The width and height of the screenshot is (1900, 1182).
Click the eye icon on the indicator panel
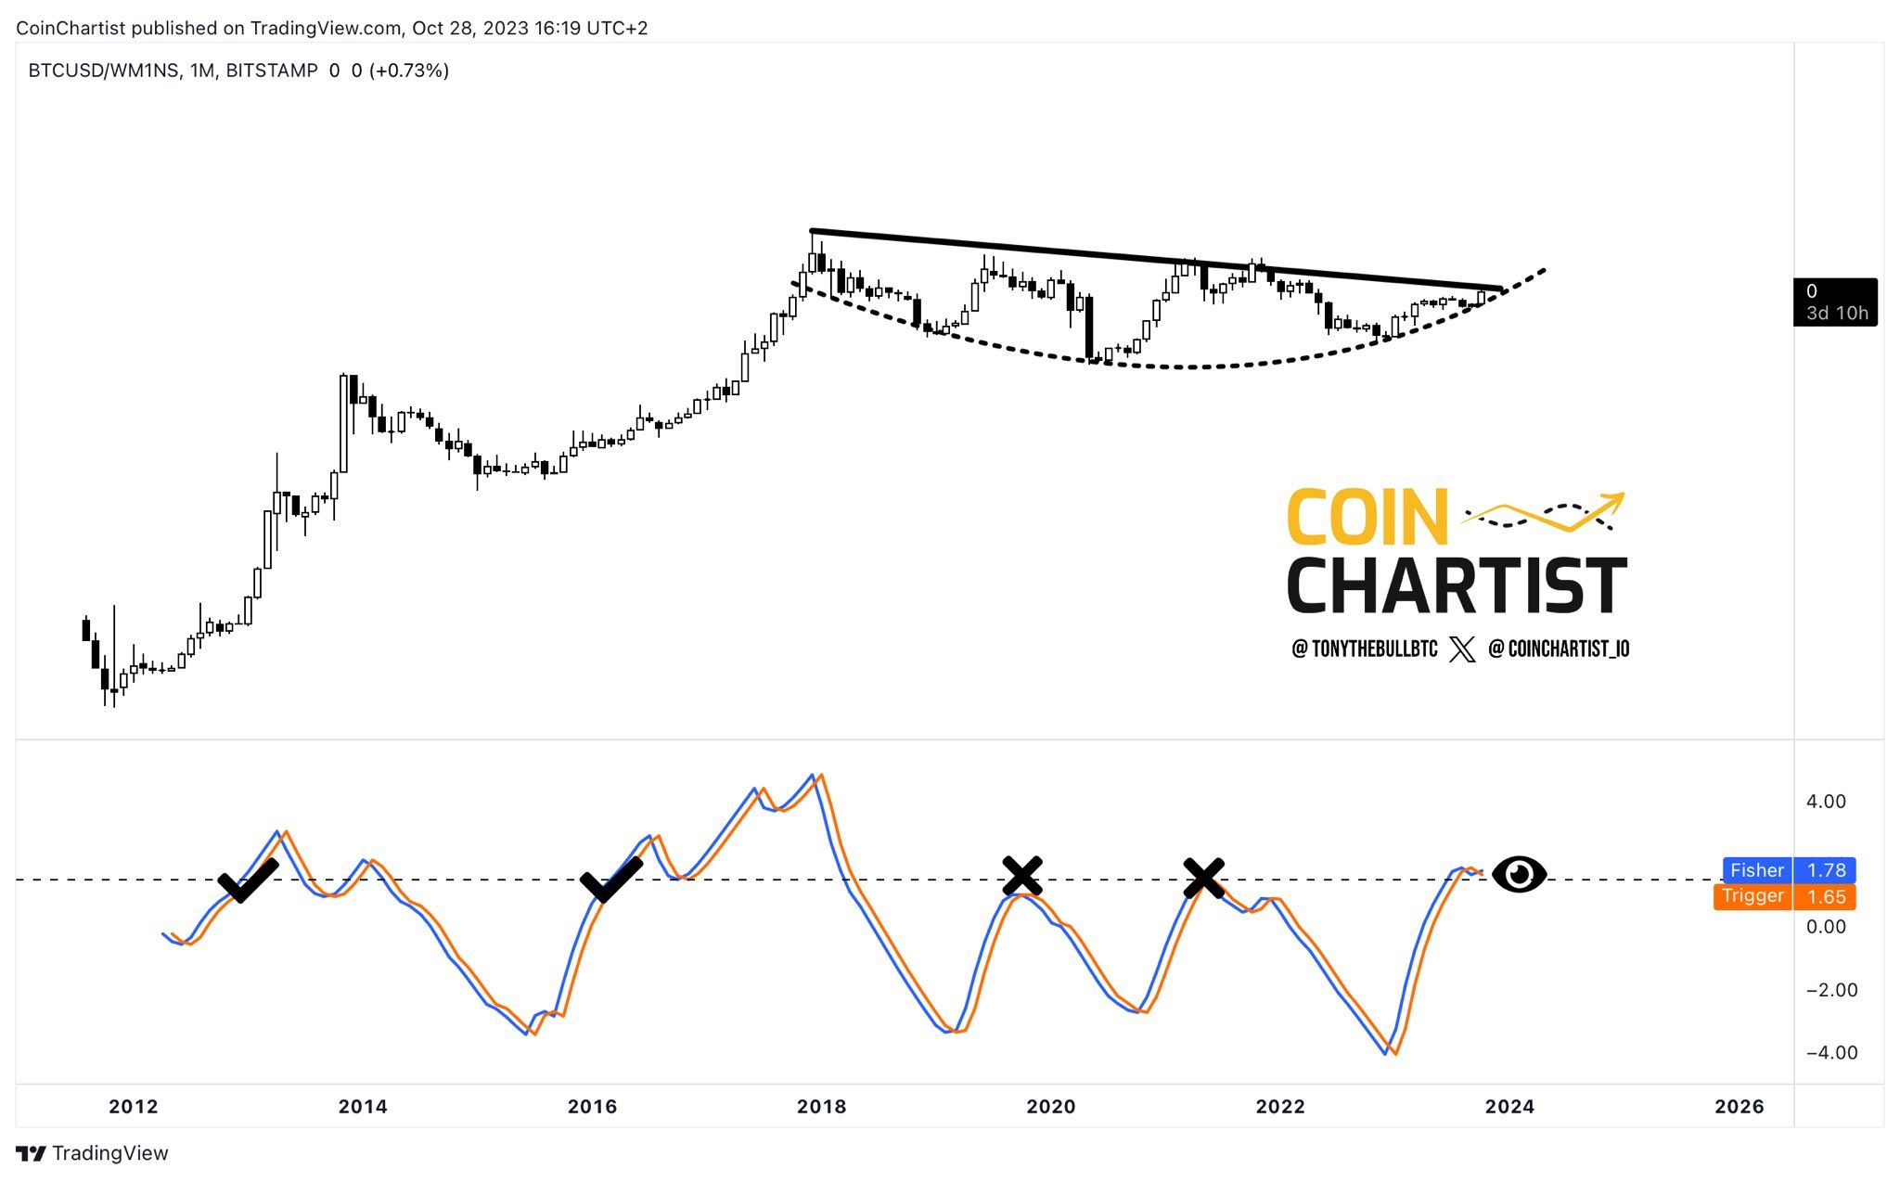click(1519, 874)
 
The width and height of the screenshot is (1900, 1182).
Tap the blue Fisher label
click(1756, 870)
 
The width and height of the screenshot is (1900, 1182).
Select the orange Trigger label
click(1752, 896)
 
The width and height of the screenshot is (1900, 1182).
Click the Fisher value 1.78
click(1825, 870)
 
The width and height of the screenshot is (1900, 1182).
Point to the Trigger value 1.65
click(1825, 896)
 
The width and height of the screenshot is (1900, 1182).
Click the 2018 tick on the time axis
click(821, 1106)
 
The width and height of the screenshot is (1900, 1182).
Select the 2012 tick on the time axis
click(134, 1106)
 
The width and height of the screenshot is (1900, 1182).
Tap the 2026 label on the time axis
click(1740, 1106)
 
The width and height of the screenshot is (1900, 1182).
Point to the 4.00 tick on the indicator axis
click(1825, 802)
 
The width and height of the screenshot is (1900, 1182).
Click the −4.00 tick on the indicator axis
click(1825, 1052)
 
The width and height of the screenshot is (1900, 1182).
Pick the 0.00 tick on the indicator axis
click(1825, 927)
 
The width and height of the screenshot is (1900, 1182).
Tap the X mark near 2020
click(1022, 876)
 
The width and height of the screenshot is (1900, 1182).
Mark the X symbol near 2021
click(1203, 878)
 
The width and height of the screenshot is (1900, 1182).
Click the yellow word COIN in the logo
click(1367, 517)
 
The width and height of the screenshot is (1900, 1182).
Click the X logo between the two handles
click(1462, 649)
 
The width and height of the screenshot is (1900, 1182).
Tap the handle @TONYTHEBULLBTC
click(1365, 649)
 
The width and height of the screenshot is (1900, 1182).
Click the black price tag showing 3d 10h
click(1835, 302)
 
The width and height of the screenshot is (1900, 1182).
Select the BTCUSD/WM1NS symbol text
click(104, 71)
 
